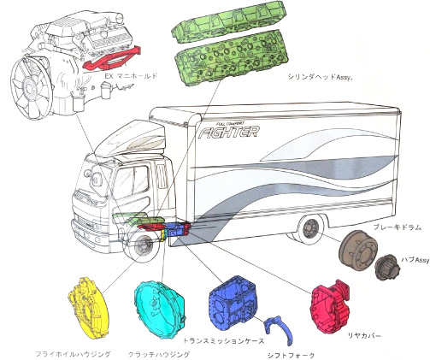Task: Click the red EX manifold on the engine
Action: (x=111, y=58)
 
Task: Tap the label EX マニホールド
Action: (x=131, y=76)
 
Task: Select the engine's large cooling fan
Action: (x=32, y=88)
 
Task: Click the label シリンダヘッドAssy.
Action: (x=320, y=77)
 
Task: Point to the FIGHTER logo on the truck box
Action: (x=229, y=132)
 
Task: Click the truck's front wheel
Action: (x=142, y=245)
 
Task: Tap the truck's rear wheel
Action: (x=309, y=229)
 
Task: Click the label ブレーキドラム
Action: (x=397, y=227)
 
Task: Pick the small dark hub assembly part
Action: (x=387, y=266)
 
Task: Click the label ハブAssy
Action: (x=415, y=260)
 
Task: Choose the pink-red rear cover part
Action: (x=331, y=306)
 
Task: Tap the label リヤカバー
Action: (x=364, y=336)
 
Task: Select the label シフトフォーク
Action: (x=292, y=355)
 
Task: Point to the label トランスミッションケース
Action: (x=223, y=340)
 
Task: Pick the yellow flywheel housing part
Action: (x=88, y=309)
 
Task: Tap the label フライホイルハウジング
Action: (x=73, y=354)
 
